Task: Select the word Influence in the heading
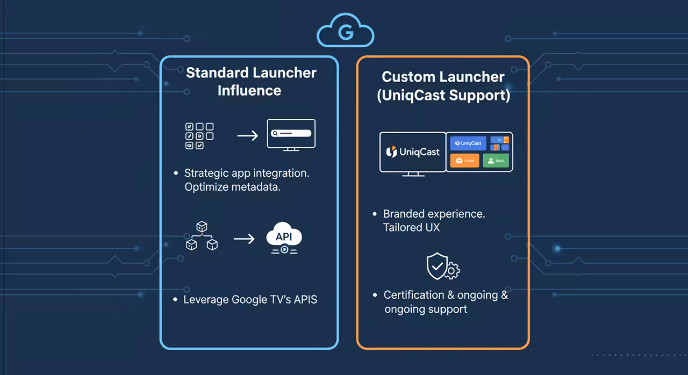click(x=249, y=90)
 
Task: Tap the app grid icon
click(x=199, y=135)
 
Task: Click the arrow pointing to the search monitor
click(x=248, y=135)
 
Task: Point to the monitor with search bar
click(x=291, y=134)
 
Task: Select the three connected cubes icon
click(x=202, y=237)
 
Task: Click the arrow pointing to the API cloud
click(x=244, y=238)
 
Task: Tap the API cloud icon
click(x=284, y=238)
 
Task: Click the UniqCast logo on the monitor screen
click(x=413, y=152)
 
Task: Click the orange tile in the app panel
click(x=464, y=161)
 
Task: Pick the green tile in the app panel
click(x=496, y=161)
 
